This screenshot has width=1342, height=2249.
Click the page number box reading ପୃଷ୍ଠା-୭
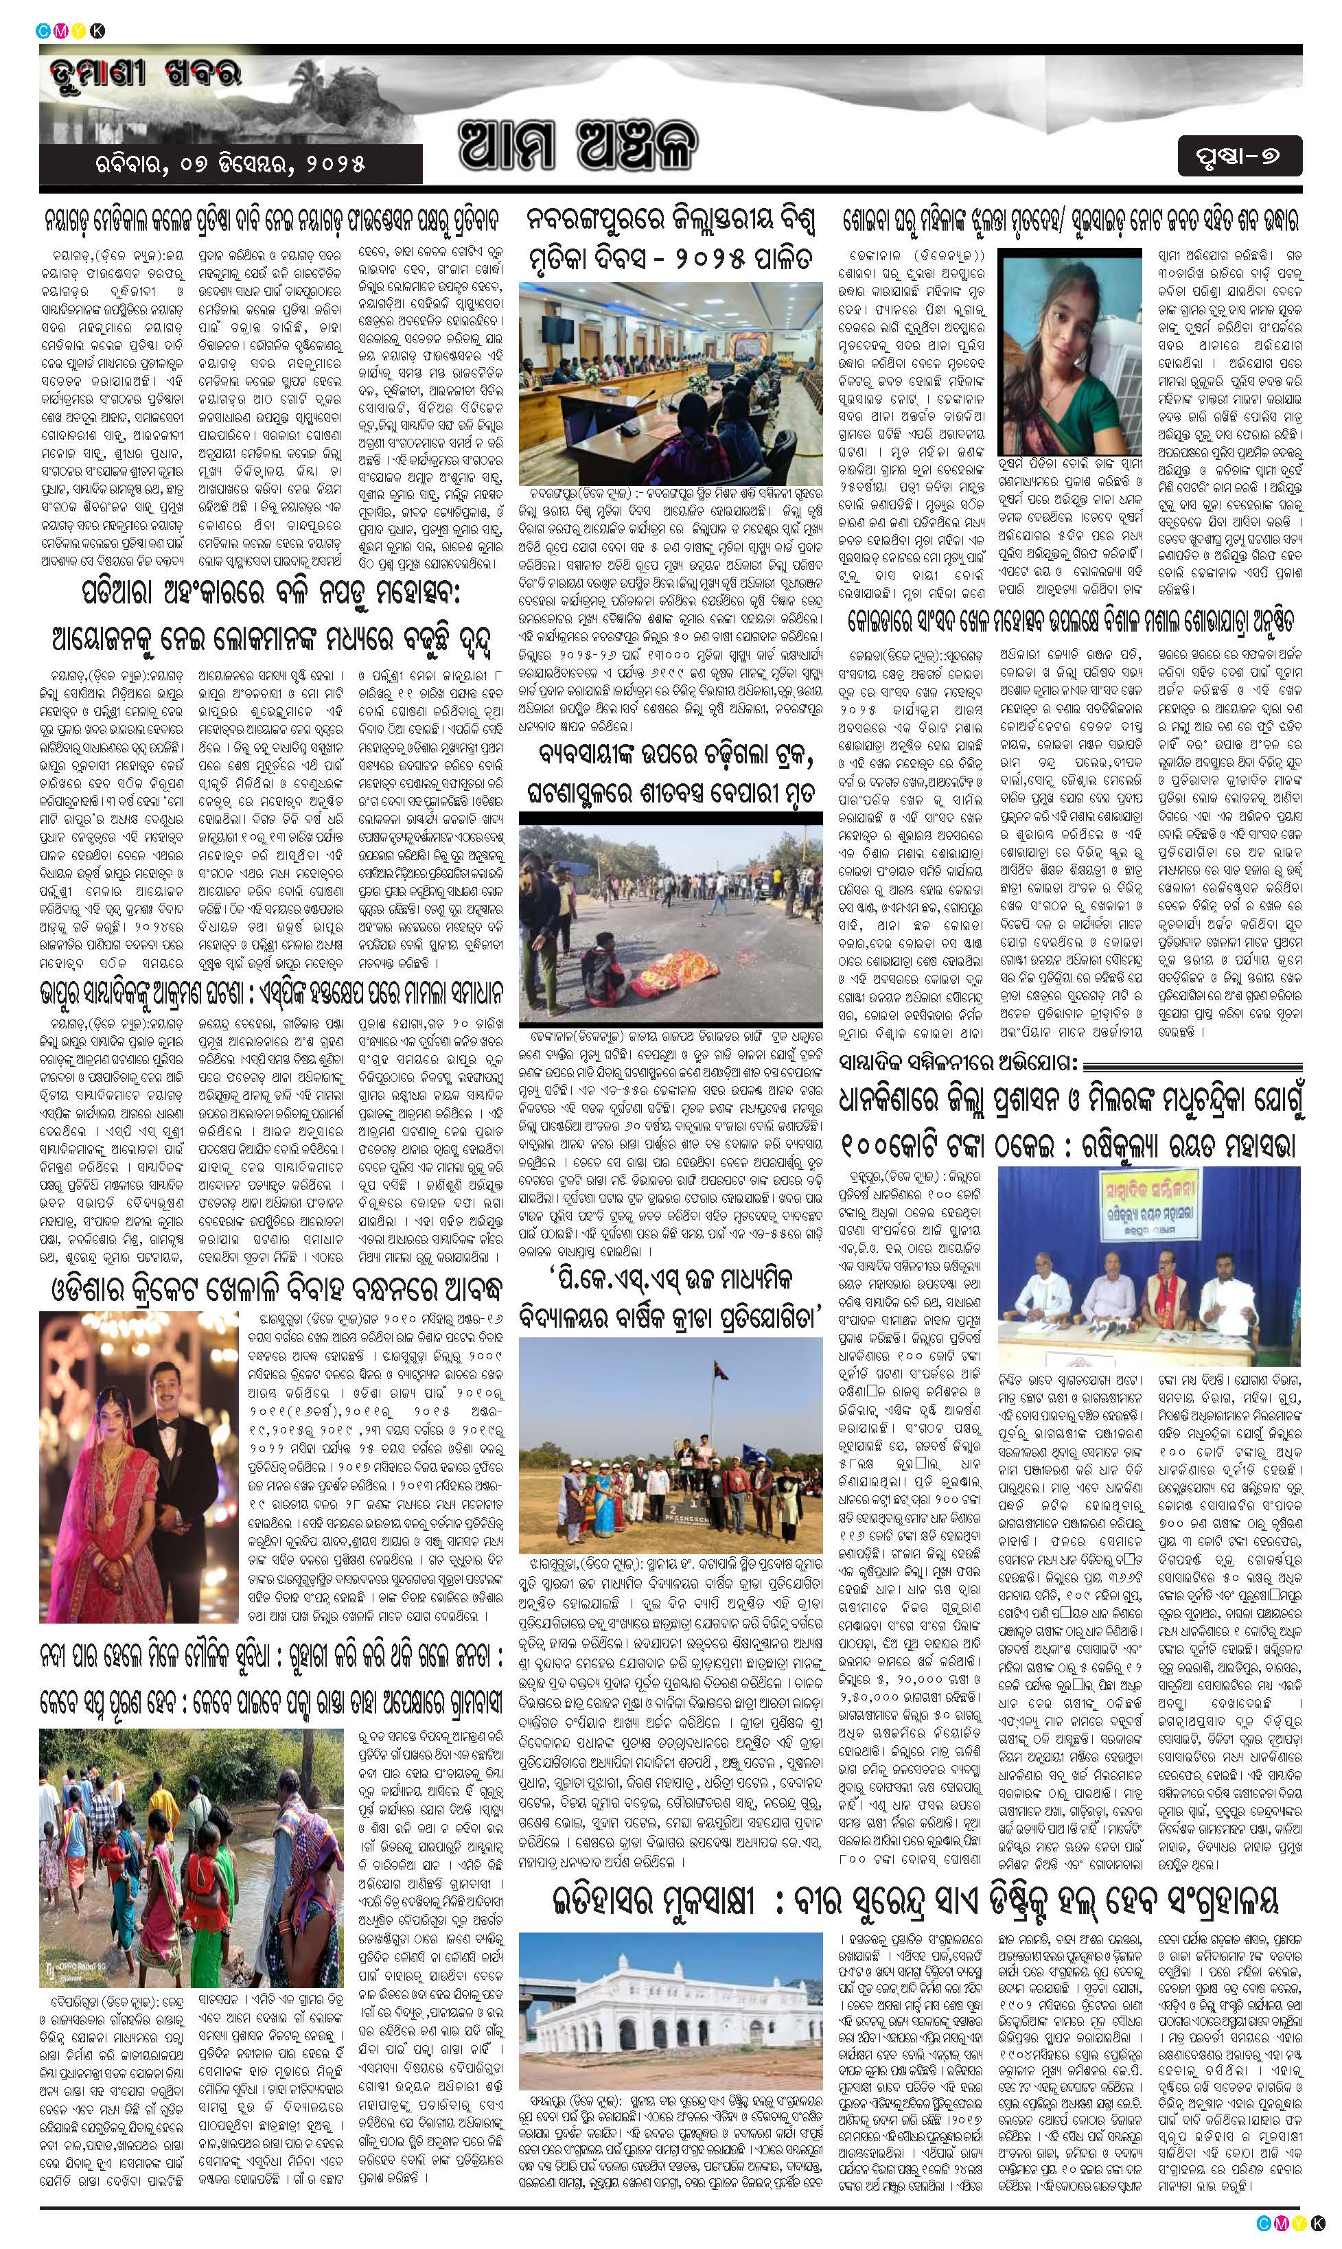tap(1240, 156)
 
